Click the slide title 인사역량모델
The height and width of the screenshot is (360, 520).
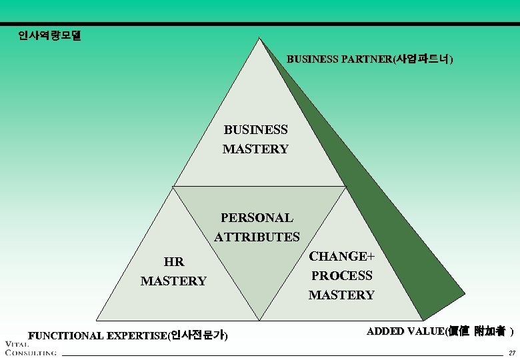pos(49,35)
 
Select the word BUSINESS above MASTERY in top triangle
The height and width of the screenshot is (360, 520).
pos(255,129)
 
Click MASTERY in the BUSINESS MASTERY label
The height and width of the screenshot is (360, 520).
pos(255,149)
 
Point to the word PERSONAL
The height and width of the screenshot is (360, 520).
pos(257,217)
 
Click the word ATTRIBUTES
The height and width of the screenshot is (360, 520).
pos(257,237)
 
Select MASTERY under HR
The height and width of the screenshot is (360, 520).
pos(173,281)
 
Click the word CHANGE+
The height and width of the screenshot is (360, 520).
pos(341,256)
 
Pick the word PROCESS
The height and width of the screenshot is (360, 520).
pos(341,275)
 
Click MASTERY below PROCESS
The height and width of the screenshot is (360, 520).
pos(341,295)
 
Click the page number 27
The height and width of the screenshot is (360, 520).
pos(511,353)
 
